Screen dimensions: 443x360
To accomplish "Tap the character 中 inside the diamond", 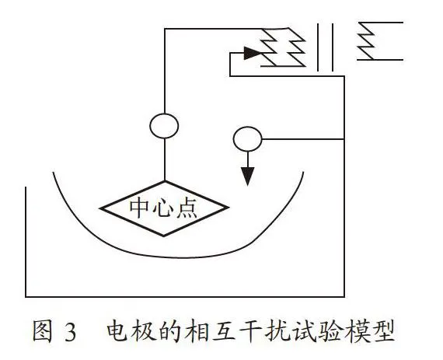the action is click(139, 208).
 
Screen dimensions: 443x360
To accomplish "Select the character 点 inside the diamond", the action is click(187, 208).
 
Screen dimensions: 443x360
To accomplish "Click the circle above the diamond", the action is click(164, 114).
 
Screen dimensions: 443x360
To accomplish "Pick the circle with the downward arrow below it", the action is click(247, 128).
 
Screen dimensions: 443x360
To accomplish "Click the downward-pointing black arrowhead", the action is click(247, 177).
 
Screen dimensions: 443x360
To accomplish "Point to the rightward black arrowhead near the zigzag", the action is click(253, 53).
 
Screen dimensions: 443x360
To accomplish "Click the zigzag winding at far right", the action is click(366, 41).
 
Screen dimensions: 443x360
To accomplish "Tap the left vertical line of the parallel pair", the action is click(318, 47).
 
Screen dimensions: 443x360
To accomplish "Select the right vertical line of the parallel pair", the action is click(333, 47).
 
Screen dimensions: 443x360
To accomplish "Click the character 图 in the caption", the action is click(43, 331).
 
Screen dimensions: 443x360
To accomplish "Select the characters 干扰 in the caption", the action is click(263, 331).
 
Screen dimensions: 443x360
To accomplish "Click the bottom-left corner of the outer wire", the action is click(26, 297).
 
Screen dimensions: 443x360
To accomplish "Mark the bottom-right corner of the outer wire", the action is click(344, 297).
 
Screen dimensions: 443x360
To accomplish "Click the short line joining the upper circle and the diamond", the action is click(165, 159).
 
